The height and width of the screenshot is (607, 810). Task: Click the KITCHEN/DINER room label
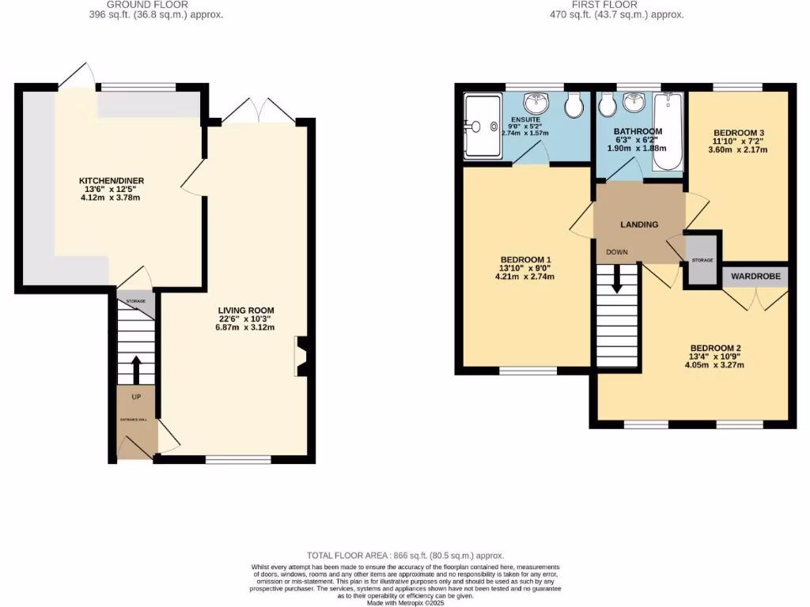112,181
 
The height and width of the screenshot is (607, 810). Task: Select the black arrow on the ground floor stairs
135,368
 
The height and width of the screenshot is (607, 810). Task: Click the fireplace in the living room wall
301,356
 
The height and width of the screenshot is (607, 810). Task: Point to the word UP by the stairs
136,396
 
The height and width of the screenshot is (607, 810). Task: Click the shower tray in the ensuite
482,126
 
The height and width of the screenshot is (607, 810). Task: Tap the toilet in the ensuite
573,104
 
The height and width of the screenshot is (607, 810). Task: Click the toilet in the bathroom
607,104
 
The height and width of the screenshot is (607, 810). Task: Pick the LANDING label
639,224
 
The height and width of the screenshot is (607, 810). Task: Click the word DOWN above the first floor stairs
617,252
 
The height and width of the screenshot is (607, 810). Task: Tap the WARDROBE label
755,277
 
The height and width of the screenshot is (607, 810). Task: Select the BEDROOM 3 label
740,132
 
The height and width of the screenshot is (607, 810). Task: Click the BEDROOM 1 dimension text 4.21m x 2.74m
525,277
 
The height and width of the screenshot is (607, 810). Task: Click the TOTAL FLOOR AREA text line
405,556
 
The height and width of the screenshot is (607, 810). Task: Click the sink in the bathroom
634,103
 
